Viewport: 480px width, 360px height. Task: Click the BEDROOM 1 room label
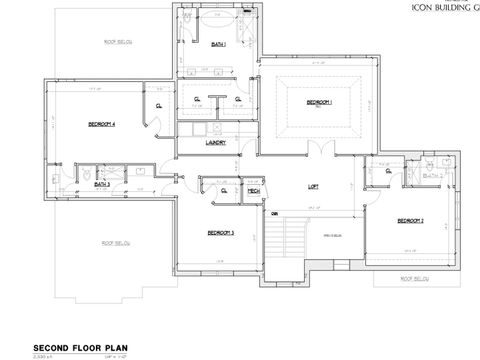pyautogui.click(x=319, y=103)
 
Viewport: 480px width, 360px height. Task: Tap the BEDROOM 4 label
pyautogui.click(x=102, y=124)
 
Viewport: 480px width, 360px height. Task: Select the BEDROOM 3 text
pyautogui.click(x=220, y=233)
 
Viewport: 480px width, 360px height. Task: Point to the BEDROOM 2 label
pyautogui.click(x=410, y=220)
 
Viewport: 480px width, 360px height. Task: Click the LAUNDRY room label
pyautogui.click(x=216, y=142)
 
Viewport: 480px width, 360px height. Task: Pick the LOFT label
pyautogui.click(x=313, y=187)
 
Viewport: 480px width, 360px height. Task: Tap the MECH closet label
pyautogui.click(x=254, y=190)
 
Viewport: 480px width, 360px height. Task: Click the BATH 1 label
pyautogui.click(x=218, y=45)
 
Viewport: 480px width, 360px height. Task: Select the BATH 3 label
pyautogui.click(x=102, y=184)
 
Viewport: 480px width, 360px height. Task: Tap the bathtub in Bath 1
pyautogui.click(x=218, y=19)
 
